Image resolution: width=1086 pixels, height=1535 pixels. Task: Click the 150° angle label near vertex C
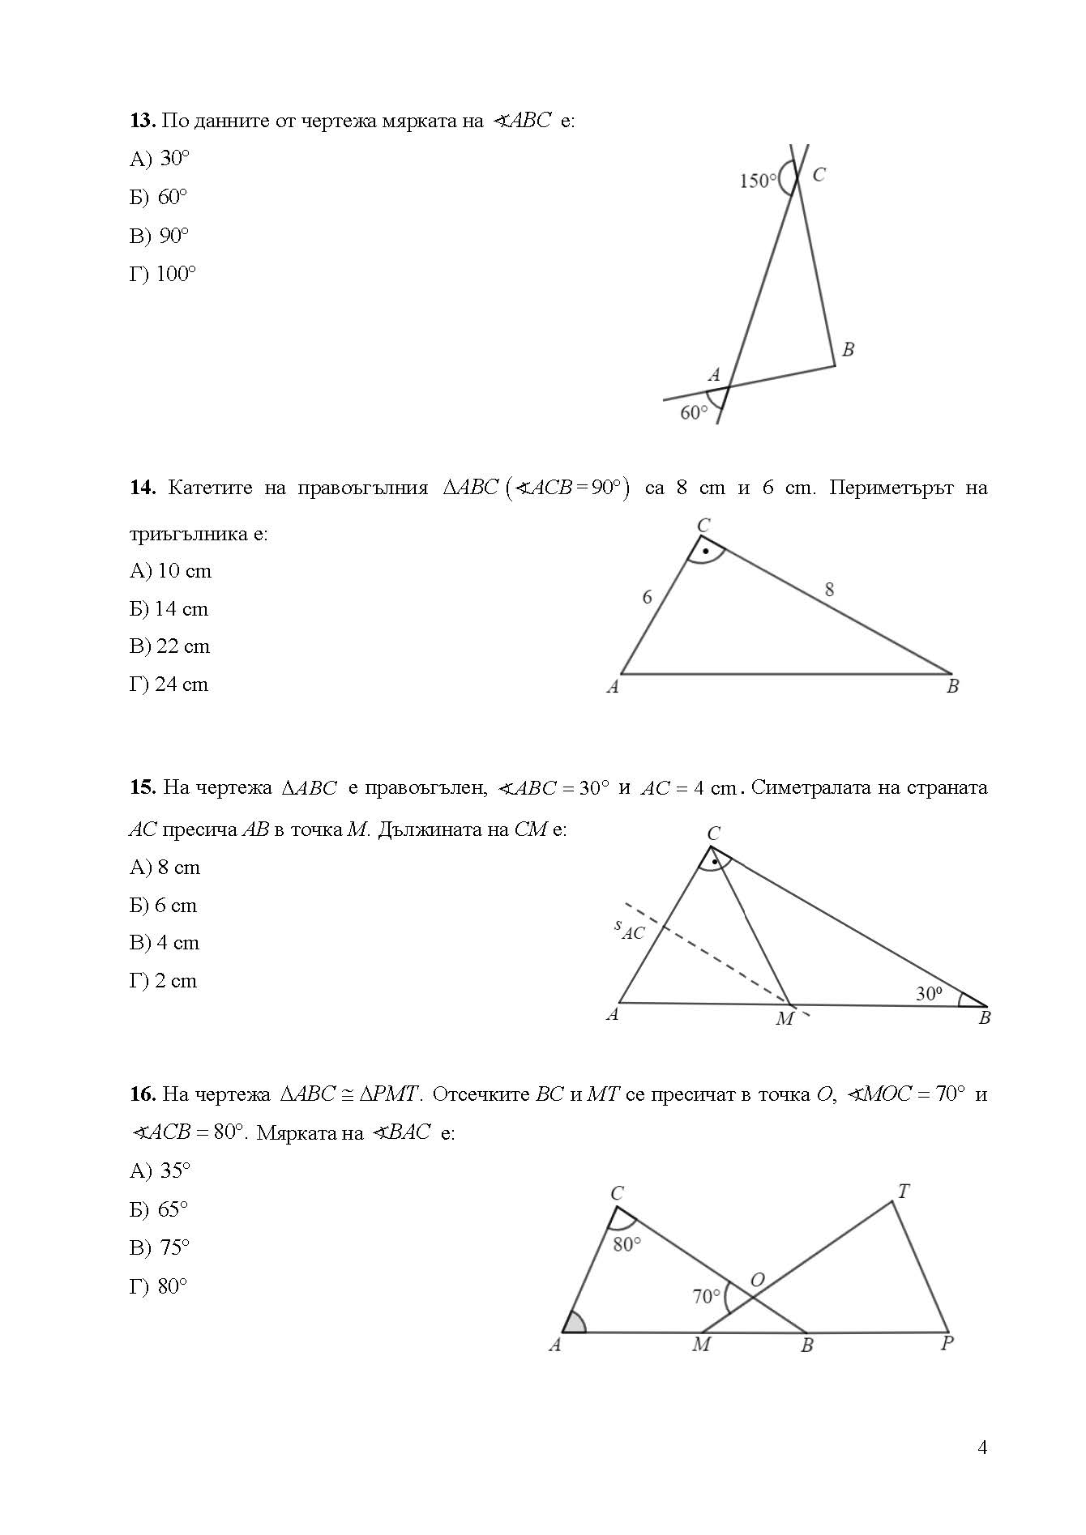click(x=758, y=181)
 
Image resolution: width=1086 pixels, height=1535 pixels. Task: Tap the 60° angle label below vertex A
click(x=694, y=413)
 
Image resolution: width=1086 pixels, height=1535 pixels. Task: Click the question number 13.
click(x=142, y=121)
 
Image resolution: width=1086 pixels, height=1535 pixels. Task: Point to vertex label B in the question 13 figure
click(x=848, y=350)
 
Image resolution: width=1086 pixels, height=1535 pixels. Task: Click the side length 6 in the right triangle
click(x=647, y=597)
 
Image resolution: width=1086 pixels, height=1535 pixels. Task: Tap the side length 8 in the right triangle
click(x=829, y=590)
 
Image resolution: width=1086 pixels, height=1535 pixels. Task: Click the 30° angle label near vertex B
click(x=929, y=993)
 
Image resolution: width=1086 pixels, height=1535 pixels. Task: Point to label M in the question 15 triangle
click(x=785, y=1019)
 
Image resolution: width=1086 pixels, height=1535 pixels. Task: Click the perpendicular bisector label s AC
click(x=629, y=929)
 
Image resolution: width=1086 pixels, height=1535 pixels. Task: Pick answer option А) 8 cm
click(x=165, y=868)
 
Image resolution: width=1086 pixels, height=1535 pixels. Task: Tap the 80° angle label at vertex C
click(x=627, y=1244)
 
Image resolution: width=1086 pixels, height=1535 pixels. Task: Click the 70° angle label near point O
click(x=706, y=1297)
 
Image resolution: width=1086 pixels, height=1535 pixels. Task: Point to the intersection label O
click(x=758, y=1281)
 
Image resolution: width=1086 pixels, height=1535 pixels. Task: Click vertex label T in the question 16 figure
click(x=904, y=1192)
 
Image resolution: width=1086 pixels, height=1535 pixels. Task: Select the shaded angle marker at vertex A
click(x=575, y=1323)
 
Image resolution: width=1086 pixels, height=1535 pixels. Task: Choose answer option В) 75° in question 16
click(x=159, y=1247)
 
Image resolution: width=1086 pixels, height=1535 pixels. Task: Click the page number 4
click(x=982, y=1448)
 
